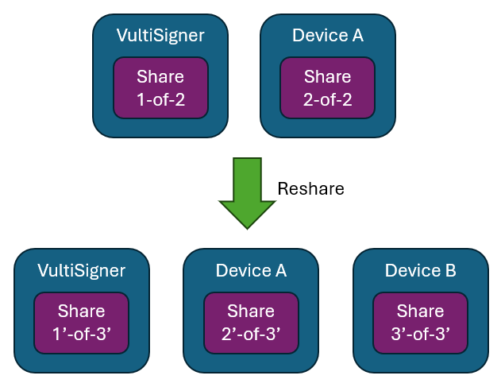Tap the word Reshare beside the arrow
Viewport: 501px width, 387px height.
pyautogui.click(x=311, y=188)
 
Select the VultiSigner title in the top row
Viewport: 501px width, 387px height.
pyautogui.click(x=160, y=35)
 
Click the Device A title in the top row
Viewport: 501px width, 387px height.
pyautogui.click(x=328, y=35)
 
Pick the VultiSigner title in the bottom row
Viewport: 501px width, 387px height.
pyautogui.click(x=82, y=270)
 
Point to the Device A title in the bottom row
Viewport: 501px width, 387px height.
pyautogui.click(x=251, y=270)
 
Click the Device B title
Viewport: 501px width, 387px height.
pyautogui.click(x=421, y=270)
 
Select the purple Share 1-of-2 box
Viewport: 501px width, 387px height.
pyautogui.click(x=160, y=87)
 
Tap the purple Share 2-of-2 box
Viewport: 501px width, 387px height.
pyautogui.click(x=327, y=87)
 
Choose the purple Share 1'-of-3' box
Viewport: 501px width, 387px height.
pyautogui.click(x=82, y=323)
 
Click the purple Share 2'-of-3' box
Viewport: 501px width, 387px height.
pyautogui.click(x=251, y=323)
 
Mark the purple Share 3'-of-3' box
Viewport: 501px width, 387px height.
pyautogui.click(x=421, y=323)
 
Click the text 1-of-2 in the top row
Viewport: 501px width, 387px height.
pyautogui.click(x=160, y=99)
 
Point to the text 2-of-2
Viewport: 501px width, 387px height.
pyautogui.click(x=327, y=99)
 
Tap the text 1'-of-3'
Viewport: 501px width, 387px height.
pyautogui.click(x=82, y=335)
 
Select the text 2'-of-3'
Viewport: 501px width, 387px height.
pyautogui.click(x=251, y=335)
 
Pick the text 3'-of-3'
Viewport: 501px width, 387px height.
pyautogui.click(x=421, y=335)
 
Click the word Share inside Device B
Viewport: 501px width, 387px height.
pyautogui.click(x=421, y=312)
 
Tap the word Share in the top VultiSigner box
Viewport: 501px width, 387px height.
pyautogui.click(x=160, y=77)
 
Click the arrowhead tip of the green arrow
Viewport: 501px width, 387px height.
pyautogui.click(x=247, y=229)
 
